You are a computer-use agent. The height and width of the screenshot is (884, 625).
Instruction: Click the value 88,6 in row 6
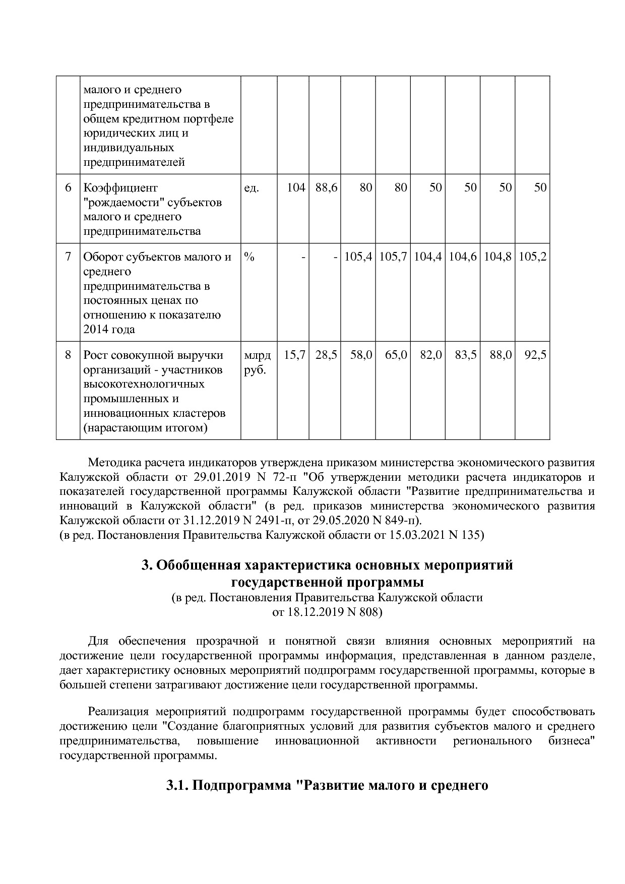[x=326, y=187]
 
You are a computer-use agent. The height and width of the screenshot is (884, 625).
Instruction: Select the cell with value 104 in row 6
[x=296, y=187]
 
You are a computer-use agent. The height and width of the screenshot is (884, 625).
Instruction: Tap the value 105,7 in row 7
[x=393, y=257]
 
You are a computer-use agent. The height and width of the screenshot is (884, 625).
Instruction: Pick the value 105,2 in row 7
[x=532, y=257]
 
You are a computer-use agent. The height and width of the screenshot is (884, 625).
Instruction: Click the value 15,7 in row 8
[x=294, y=355]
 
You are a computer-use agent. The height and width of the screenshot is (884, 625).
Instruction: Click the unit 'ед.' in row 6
[x=252, y=188]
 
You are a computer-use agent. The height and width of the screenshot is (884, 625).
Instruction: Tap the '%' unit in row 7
[x=249, y=257]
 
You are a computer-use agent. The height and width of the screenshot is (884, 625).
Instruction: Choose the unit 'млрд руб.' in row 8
[x=257, y=362]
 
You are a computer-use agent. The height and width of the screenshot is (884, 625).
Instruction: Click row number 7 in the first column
[x=68, y=257]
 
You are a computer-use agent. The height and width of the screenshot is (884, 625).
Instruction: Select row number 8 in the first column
[x=68, y=355]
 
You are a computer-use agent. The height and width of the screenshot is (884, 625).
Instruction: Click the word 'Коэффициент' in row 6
[x=120, y=188]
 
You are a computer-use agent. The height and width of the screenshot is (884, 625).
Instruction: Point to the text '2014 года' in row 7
[x=109, y=330]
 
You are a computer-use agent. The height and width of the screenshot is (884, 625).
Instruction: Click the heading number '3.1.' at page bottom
[x=177, y=786]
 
